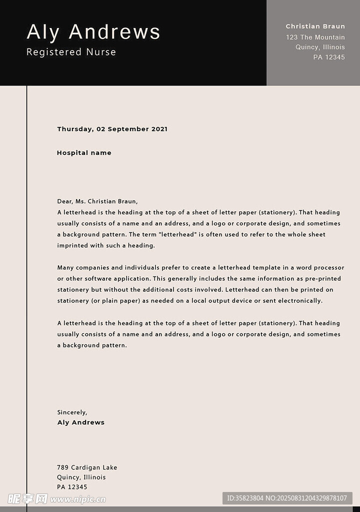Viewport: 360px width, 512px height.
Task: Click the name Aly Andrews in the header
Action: pos(93,32)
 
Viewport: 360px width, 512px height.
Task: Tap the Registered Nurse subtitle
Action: pos(71,52)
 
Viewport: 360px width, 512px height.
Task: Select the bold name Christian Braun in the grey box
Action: pos(315,26)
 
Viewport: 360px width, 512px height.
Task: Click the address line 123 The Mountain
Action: pos(315,37)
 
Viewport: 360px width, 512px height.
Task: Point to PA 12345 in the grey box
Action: pos(328,57)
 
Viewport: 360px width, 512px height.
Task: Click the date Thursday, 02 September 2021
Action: pos(112,129)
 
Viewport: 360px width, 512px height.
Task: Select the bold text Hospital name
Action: pos(84,153)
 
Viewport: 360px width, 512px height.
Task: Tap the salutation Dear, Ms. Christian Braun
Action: pos(97,201)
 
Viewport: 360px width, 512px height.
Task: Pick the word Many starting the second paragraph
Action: pos(65,268)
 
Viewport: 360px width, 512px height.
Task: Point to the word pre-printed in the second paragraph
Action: pos(323,279)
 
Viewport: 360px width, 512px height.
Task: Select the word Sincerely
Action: pos(72,412)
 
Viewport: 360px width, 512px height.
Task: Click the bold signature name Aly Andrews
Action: pos(81,422)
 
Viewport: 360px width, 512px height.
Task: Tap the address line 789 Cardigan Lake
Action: pos(87,467)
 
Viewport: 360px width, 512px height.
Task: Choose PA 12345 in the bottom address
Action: pos(72,487)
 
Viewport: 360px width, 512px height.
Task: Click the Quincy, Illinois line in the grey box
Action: pos(320,47)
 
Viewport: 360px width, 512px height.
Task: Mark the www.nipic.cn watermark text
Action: pos(78,499)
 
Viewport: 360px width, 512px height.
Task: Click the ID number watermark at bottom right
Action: pos(286,498)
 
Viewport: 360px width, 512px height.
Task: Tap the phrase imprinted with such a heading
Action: pos(106,245)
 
